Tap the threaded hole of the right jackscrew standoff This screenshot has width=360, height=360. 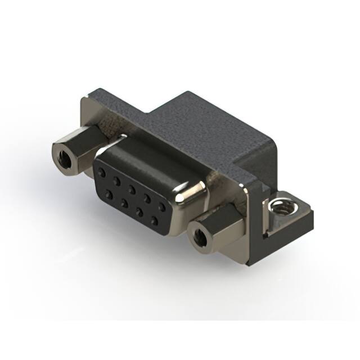198,237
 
